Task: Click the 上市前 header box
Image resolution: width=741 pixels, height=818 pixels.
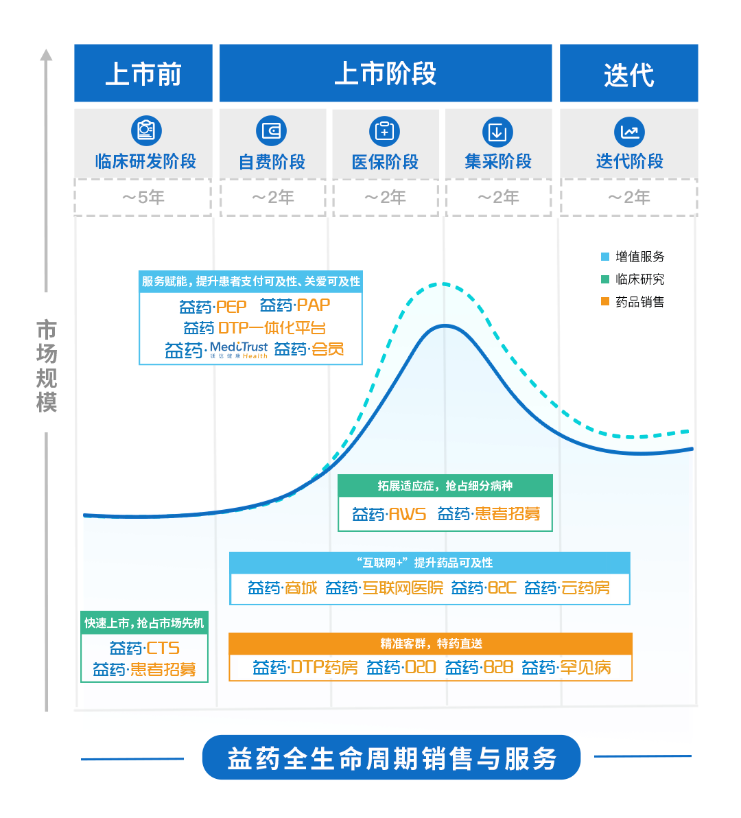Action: click(143, 73)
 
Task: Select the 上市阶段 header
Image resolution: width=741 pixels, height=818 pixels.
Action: click(386, 73)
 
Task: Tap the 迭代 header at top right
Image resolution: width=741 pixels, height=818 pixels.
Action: click(628, 73)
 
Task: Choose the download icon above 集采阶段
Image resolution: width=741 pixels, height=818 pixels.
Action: click(497, 131)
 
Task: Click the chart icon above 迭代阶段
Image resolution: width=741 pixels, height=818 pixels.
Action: click(628, 131)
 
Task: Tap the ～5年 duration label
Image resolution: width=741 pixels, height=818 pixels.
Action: click(143, 198)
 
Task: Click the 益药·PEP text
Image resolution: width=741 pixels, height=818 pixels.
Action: click(213, 306)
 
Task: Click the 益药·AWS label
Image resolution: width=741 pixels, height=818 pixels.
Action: click(389, 514)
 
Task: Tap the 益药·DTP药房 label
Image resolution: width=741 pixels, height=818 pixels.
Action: click(305, 667)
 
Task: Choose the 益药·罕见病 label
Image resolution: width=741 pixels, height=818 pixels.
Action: click(566, 667)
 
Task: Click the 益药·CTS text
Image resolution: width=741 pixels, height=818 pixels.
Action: click(144, 648)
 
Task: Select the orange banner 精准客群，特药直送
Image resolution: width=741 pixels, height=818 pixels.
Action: click(431, 644)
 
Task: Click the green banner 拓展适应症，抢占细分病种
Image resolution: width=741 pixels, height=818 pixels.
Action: click(445, 486)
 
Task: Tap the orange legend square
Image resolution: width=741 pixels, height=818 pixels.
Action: click(604, 301)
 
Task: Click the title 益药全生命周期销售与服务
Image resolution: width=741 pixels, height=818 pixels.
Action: click(391, 758)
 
